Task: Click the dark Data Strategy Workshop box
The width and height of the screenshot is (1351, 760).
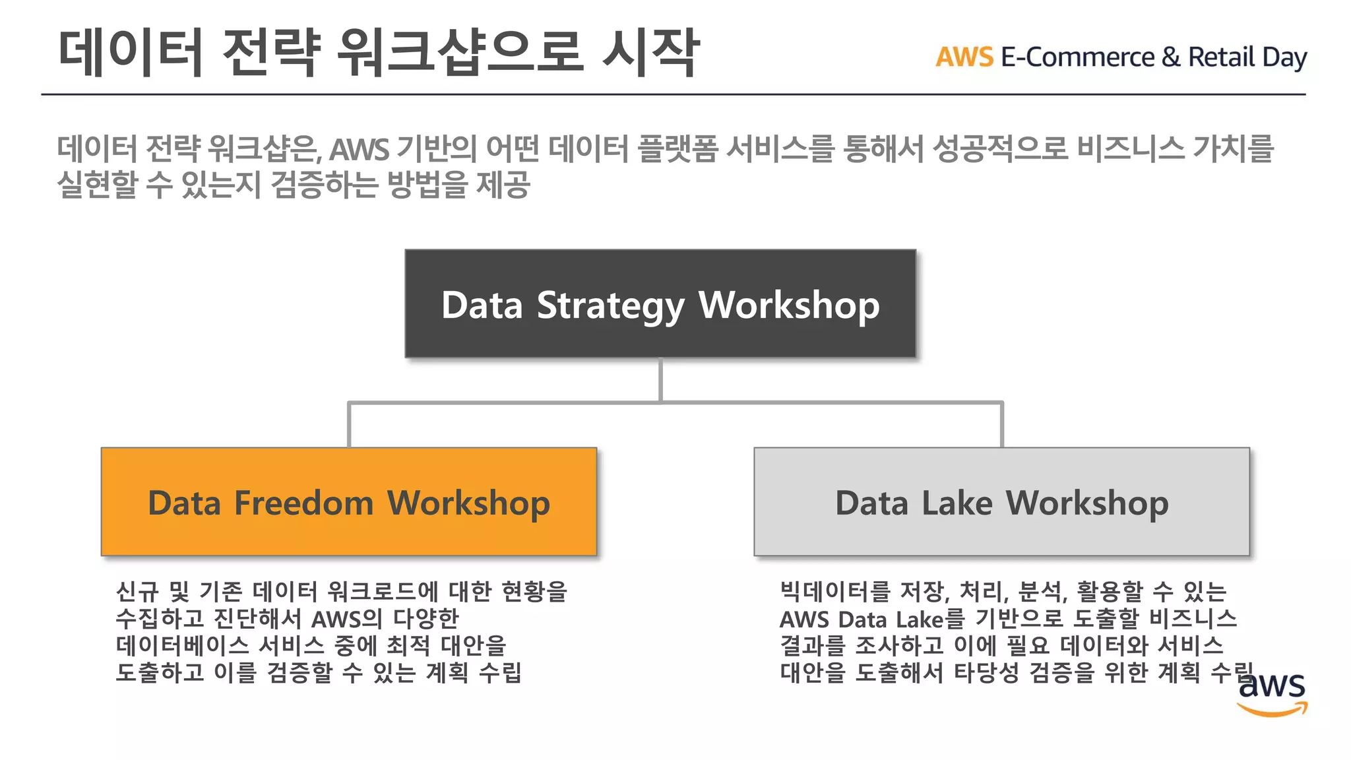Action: (660, 303)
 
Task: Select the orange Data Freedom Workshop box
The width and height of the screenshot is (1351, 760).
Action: (348, 501)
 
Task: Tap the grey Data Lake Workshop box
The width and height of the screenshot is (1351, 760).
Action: (1001, 501)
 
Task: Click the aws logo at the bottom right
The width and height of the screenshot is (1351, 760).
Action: (1271, 693)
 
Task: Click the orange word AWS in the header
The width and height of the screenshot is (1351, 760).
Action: (964, 57)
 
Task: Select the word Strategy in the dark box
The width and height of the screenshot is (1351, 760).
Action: (610, 306)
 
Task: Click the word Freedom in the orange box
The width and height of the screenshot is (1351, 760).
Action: (304, 503)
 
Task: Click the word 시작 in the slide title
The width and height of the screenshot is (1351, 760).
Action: (650, 53)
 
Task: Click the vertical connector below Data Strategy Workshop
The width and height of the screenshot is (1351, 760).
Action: (660, 380)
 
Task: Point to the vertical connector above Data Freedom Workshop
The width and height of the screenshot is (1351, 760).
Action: (349, 425)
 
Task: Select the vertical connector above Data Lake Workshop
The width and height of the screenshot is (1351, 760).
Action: (1001, 425)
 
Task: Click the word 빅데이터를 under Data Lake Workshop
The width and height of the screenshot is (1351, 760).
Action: (834, 591)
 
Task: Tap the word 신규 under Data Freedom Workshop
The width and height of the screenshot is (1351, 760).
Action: (137, 591)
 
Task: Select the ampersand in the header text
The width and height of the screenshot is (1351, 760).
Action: (1171, 57)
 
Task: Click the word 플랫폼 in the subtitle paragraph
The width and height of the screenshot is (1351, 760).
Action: (677, 148)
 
